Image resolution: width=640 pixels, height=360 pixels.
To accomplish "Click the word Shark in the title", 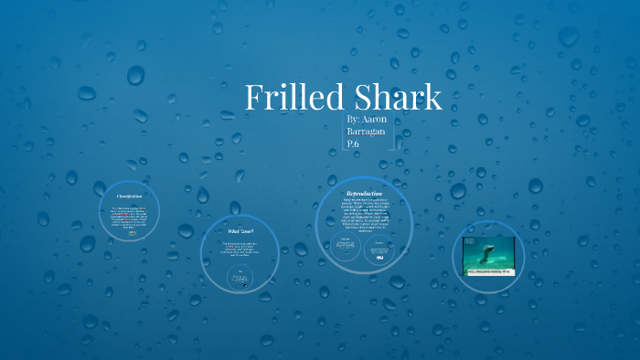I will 398,98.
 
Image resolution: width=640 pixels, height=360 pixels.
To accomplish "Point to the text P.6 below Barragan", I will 354,144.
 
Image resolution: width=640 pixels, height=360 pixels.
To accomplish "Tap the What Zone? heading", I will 241,231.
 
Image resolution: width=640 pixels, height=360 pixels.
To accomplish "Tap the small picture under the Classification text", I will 133,234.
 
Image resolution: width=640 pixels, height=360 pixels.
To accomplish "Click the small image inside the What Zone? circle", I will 241,276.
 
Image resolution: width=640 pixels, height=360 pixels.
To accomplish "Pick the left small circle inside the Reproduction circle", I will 347,249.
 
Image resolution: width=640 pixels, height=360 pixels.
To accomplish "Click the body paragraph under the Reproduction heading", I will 363,214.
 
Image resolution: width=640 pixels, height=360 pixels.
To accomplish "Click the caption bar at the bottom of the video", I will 488,271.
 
